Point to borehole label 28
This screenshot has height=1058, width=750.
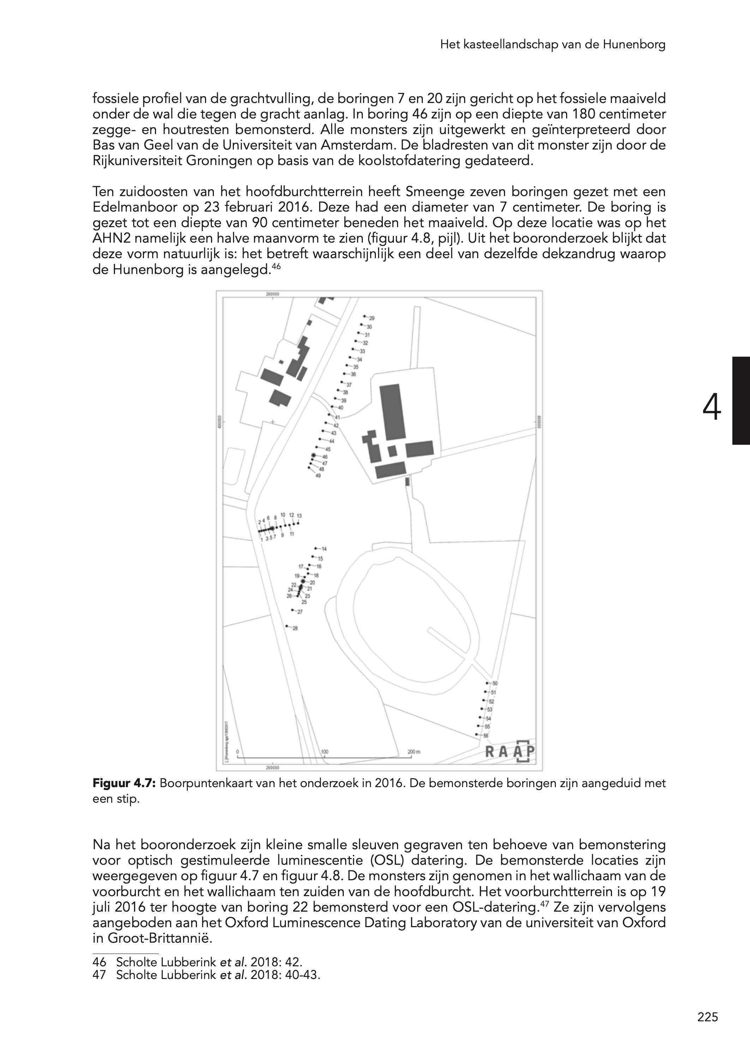tap(295, 628)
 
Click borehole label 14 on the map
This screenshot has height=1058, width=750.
tap(324, 549)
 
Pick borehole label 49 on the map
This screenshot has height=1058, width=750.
tap(318, 475)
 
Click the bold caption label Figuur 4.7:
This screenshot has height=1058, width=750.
tap(126, 784)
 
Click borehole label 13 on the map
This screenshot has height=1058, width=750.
tap(299, 515)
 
